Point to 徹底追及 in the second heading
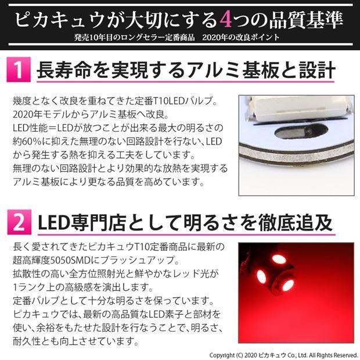pos(311,221)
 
